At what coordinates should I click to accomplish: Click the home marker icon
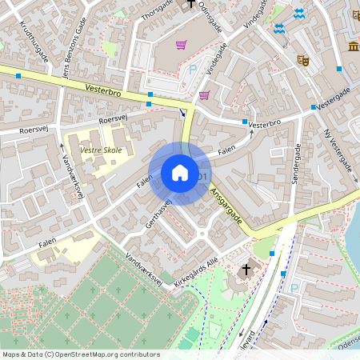tap(180, 173)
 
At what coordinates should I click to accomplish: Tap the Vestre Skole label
tap(100, 149)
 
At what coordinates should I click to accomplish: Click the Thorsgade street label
tap(157, 10)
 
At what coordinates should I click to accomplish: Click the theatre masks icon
tap(303, 59)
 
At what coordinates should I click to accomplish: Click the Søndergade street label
tap(295, 163)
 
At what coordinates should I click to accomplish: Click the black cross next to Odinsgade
tap(190, 4)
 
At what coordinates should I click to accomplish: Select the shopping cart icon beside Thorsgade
tap(182, 45)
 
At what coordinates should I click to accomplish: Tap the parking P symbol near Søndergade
tap(294, 287)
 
